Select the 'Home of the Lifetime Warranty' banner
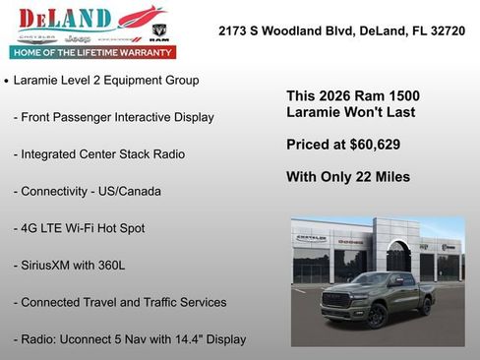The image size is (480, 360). tap(90, 52)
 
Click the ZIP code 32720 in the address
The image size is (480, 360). tap(446, 31)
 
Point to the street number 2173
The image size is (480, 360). tap(234, 31)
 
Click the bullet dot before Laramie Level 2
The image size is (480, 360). tap(7, 81)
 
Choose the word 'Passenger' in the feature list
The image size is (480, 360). tap(90, 117)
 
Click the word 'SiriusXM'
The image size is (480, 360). tap(52, 266)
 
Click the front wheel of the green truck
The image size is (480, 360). tap(377, 316)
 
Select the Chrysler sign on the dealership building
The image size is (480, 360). tap(311, 238)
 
